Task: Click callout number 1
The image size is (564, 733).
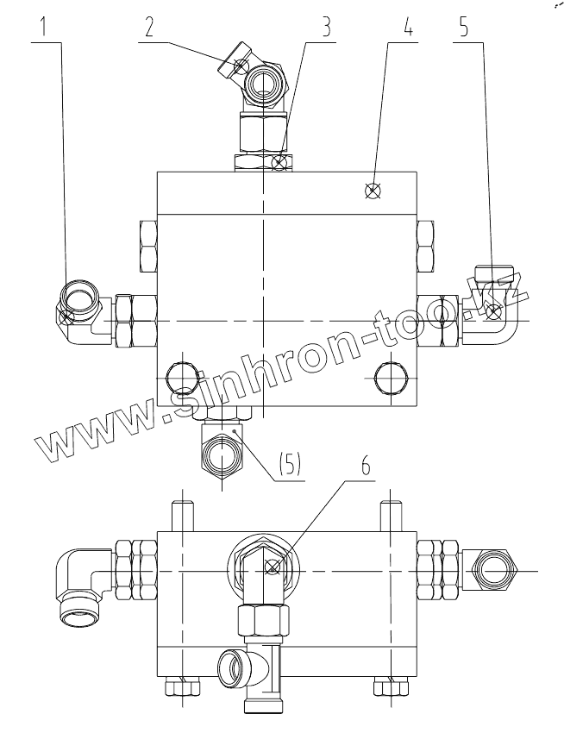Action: (x=43, y=27)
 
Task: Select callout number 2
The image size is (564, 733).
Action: (x=149, y=27)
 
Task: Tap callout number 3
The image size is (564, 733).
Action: (x=327, y=27)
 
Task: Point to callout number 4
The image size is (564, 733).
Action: (x=408, y=27)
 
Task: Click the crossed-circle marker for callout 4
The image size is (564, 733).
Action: (x=373, y=191)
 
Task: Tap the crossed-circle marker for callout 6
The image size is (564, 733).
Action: (x=273, y=567)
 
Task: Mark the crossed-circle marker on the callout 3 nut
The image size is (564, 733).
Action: (x=279, y=163)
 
